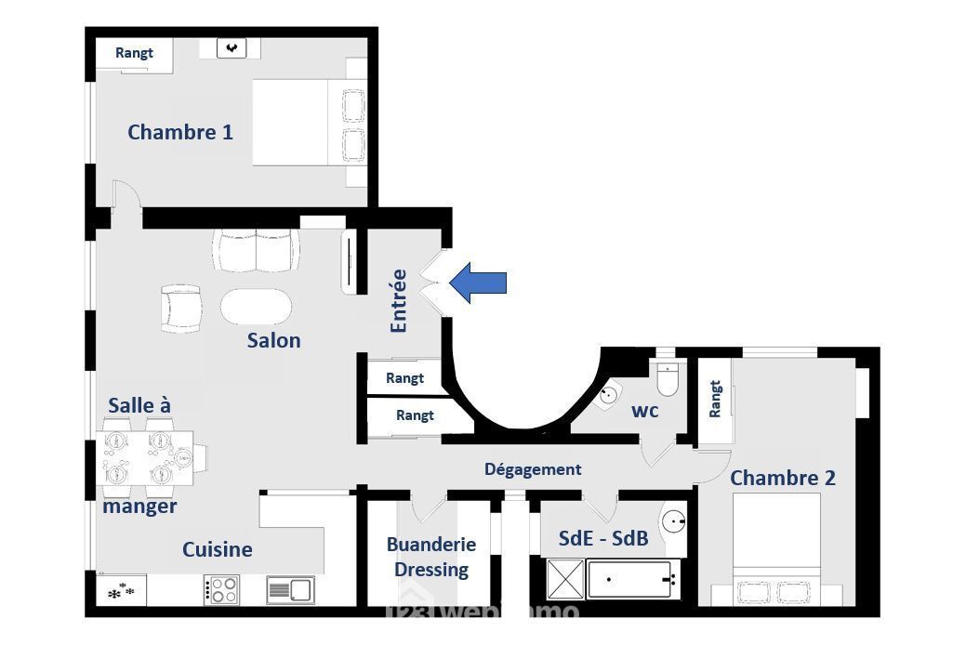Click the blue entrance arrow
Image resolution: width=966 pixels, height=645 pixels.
478,283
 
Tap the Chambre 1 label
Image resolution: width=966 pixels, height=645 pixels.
180,132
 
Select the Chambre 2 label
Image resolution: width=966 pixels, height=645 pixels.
783,478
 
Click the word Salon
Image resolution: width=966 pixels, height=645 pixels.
274,340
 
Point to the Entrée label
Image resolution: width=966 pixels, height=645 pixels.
399,300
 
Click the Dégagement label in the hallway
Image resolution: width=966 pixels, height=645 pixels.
533,469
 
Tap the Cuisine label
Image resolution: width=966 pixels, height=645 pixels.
218,549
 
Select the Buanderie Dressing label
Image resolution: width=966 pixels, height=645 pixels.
431,557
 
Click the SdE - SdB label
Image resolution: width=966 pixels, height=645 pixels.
603,538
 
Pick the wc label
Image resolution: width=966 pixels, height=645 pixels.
645,411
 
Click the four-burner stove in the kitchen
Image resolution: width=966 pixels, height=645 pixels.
222,589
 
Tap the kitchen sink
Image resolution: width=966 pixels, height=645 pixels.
291,589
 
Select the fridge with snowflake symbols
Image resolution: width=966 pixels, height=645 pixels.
122,589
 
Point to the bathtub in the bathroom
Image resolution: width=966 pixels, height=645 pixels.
633,579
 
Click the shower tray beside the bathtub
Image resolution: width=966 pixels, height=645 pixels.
565,579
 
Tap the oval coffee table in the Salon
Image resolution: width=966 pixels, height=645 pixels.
257,306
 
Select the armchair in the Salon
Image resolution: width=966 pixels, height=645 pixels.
181,308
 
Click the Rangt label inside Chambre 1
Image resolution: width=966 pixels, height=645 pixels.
134,53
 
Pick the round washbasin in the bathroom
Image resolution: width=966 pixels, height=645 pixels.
674,522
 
